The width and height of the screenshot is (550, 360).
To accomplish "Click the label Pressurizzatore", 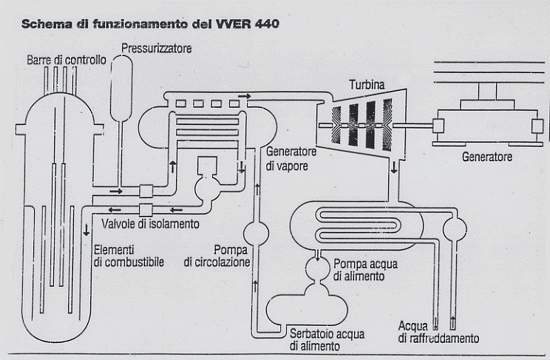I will (x=157, y=49).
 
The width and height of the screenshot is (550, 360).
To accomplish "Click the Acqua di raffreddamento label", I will (x=438, y=332).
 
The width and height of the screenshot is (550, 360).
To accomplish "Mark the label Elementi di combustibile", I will (x=129, y=255).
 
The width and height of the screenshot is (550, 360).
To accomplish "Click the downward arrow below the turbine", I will (x=393, y=168).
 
